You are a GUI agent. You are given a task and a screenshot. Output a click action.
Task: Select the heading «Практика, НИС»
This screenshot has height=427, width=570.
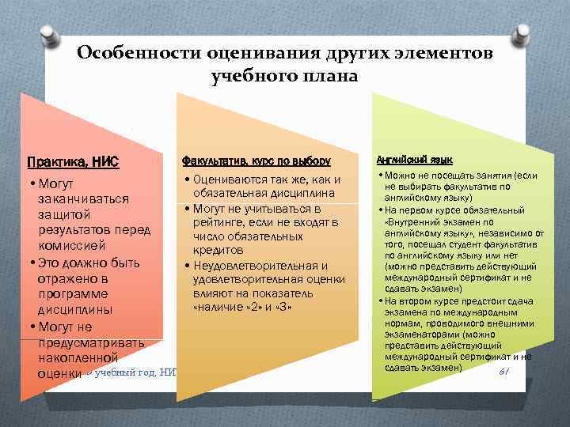(73, 162)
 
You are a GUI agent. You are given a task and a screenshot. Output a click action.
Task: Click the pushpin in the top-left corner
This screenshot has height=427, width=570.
(56, 35)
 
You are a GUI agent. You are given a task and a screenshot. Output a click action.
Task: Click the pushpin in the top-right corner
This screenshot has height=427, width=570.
(520, 32)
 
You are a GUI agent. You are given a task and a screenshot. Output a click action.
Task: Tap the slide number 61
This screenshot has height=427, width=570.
(502, 372)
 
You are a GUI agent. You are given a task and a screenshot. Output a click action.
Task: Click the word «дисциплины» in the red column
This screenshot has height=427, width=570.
(75, 309)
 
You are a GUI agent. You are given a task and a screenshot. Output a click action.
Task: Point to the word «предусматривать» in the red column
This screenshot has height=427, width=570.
(90, 342)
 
